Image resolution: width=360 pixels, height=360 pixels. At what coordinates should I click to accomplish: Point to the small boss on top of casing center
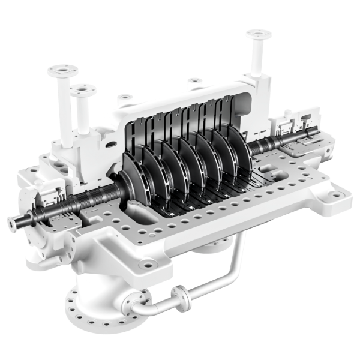pos(193,82)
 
